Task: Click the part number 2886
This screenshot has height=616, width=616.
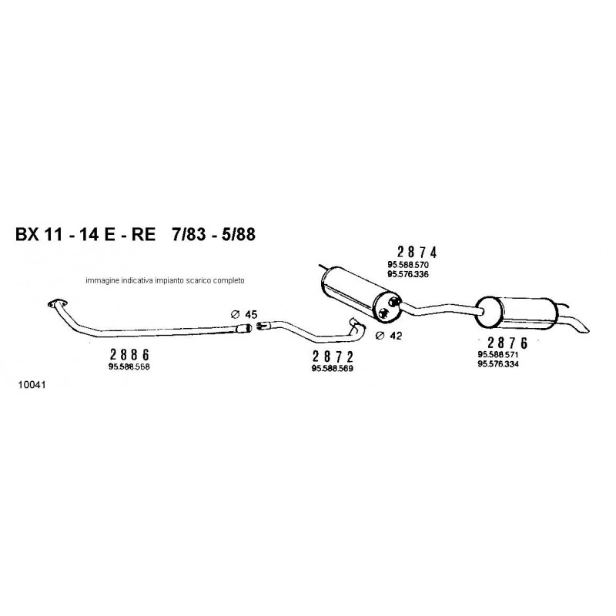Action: click(129, 355)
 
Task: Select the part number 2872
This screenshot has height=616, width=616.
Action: click(333, 357)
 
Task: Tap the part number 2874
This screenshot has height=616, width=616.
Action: click(417, 253)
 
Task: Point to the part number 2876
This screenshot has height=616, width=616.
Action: click(508, 343)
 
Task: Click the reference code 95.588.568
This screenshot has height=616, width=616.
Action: click(129, 367)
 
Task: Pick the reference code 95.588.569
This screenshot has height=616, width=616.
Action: click(333, 369)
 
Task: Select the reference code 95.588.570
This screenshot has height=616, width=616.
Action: click(408, 265)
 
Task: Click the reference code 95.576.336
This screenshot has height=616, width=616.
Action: click(408, 274)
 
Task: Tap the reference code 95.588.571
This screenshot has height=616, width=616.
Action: click(498, 354)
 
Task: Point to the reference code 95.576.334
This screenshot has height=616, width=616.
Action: click(498, 364)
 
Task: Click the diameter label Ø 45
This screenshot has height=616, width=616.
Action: click(244, 314)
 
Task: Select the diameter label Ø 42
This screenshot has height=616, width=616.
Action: click(389, 336)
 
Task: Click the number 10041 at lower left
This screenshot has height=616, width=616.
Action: click(32, 385)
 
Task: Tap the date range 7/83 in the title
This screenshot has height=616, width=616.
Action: click(189, 235)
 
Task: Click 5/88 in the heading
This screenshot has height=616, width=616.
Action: click(238, 235)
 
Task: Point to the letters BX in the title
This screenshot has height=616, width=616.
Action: click(27, 235)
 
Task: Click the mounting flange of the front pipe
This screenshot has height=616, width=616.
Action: click(57, 303)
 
